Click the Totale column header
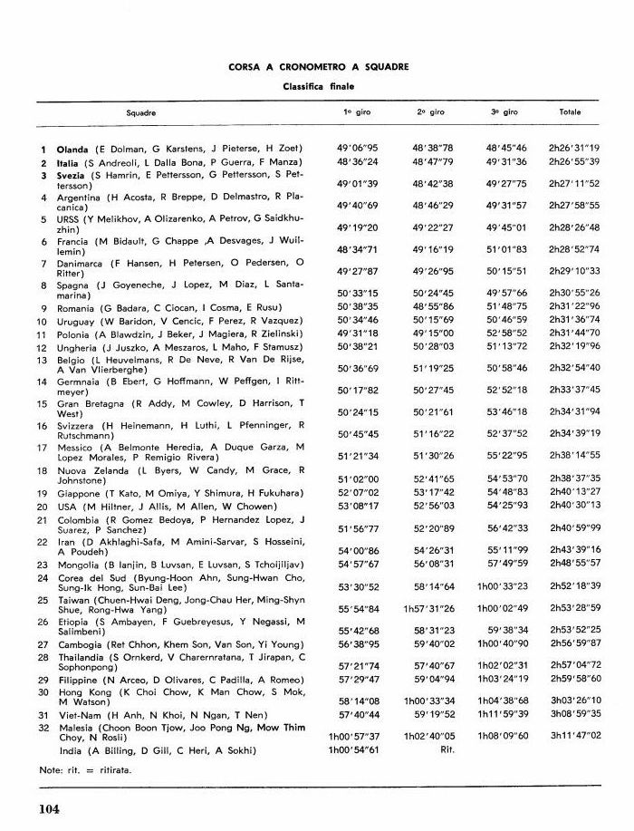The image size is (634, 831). (571, 112)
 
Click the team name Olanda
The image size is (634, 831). (72, 148)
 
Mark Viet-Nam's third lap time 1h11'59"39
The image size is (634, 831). (504, 713)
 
